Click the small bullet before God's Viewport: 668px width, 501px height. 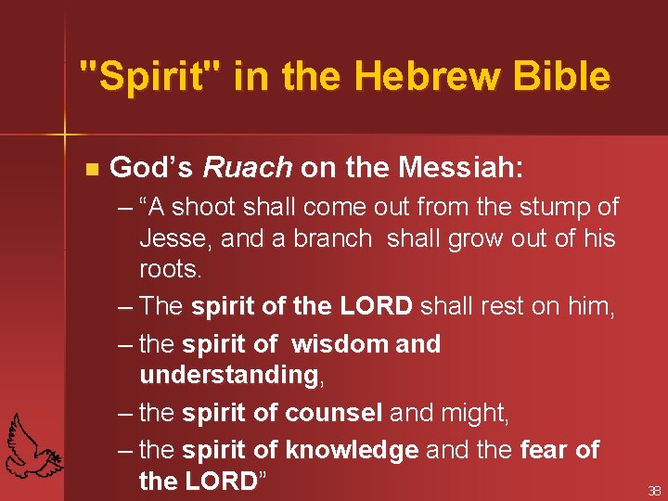click(90, 169)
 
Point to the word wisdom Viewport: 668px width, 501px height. click(340, 344)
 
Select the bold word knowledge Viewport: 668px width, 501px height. click(352, 450)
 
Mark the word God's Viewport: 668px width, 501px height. click(150, 168)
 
